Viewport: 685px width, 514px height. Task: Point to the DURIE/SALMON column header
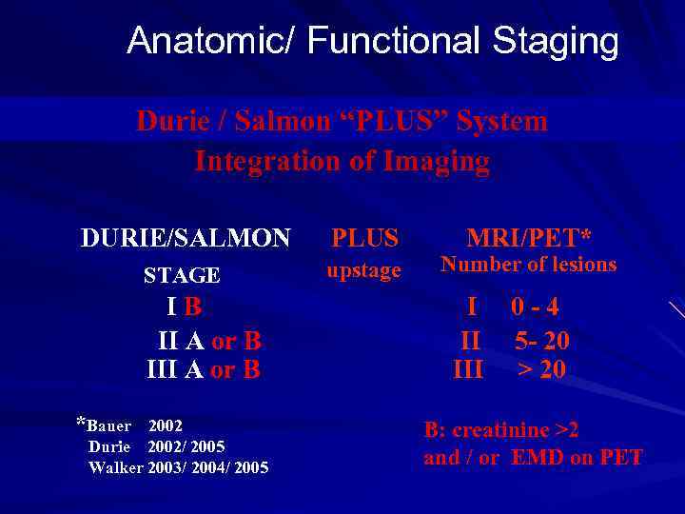click(186, 238)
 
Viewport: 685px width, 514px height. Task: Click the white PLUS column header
click(364, 238)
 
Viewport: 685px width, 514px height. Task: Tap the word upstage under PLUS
click(363, 270)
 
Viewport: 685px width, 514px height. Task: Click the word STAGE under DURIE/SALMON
click(182, 276)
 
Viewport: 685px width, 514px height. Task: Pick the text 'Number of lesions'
click(529, 265)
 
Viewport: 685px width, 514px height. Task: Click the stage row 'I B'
click(185, 307)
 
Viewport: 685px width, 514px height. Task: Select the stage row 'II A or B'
click(209, 340)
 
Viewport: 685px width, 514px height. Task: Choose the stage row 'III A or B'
click(203, 369)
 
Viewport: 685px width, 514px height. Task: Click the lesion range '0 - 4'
click(535, 307)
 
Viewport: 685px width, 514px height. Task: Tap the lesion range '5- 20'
click(541, 340)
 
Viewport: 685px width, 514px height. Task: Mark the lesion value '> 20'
click(541, 369)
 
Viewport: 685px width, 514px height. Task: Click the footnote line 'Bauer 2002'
click(133, 425)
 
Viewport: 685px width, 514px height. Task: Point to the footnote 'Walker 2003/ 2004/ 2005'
click(178, 467)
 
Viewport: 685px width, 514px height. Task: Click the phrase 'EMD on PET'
click(577, 458)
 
